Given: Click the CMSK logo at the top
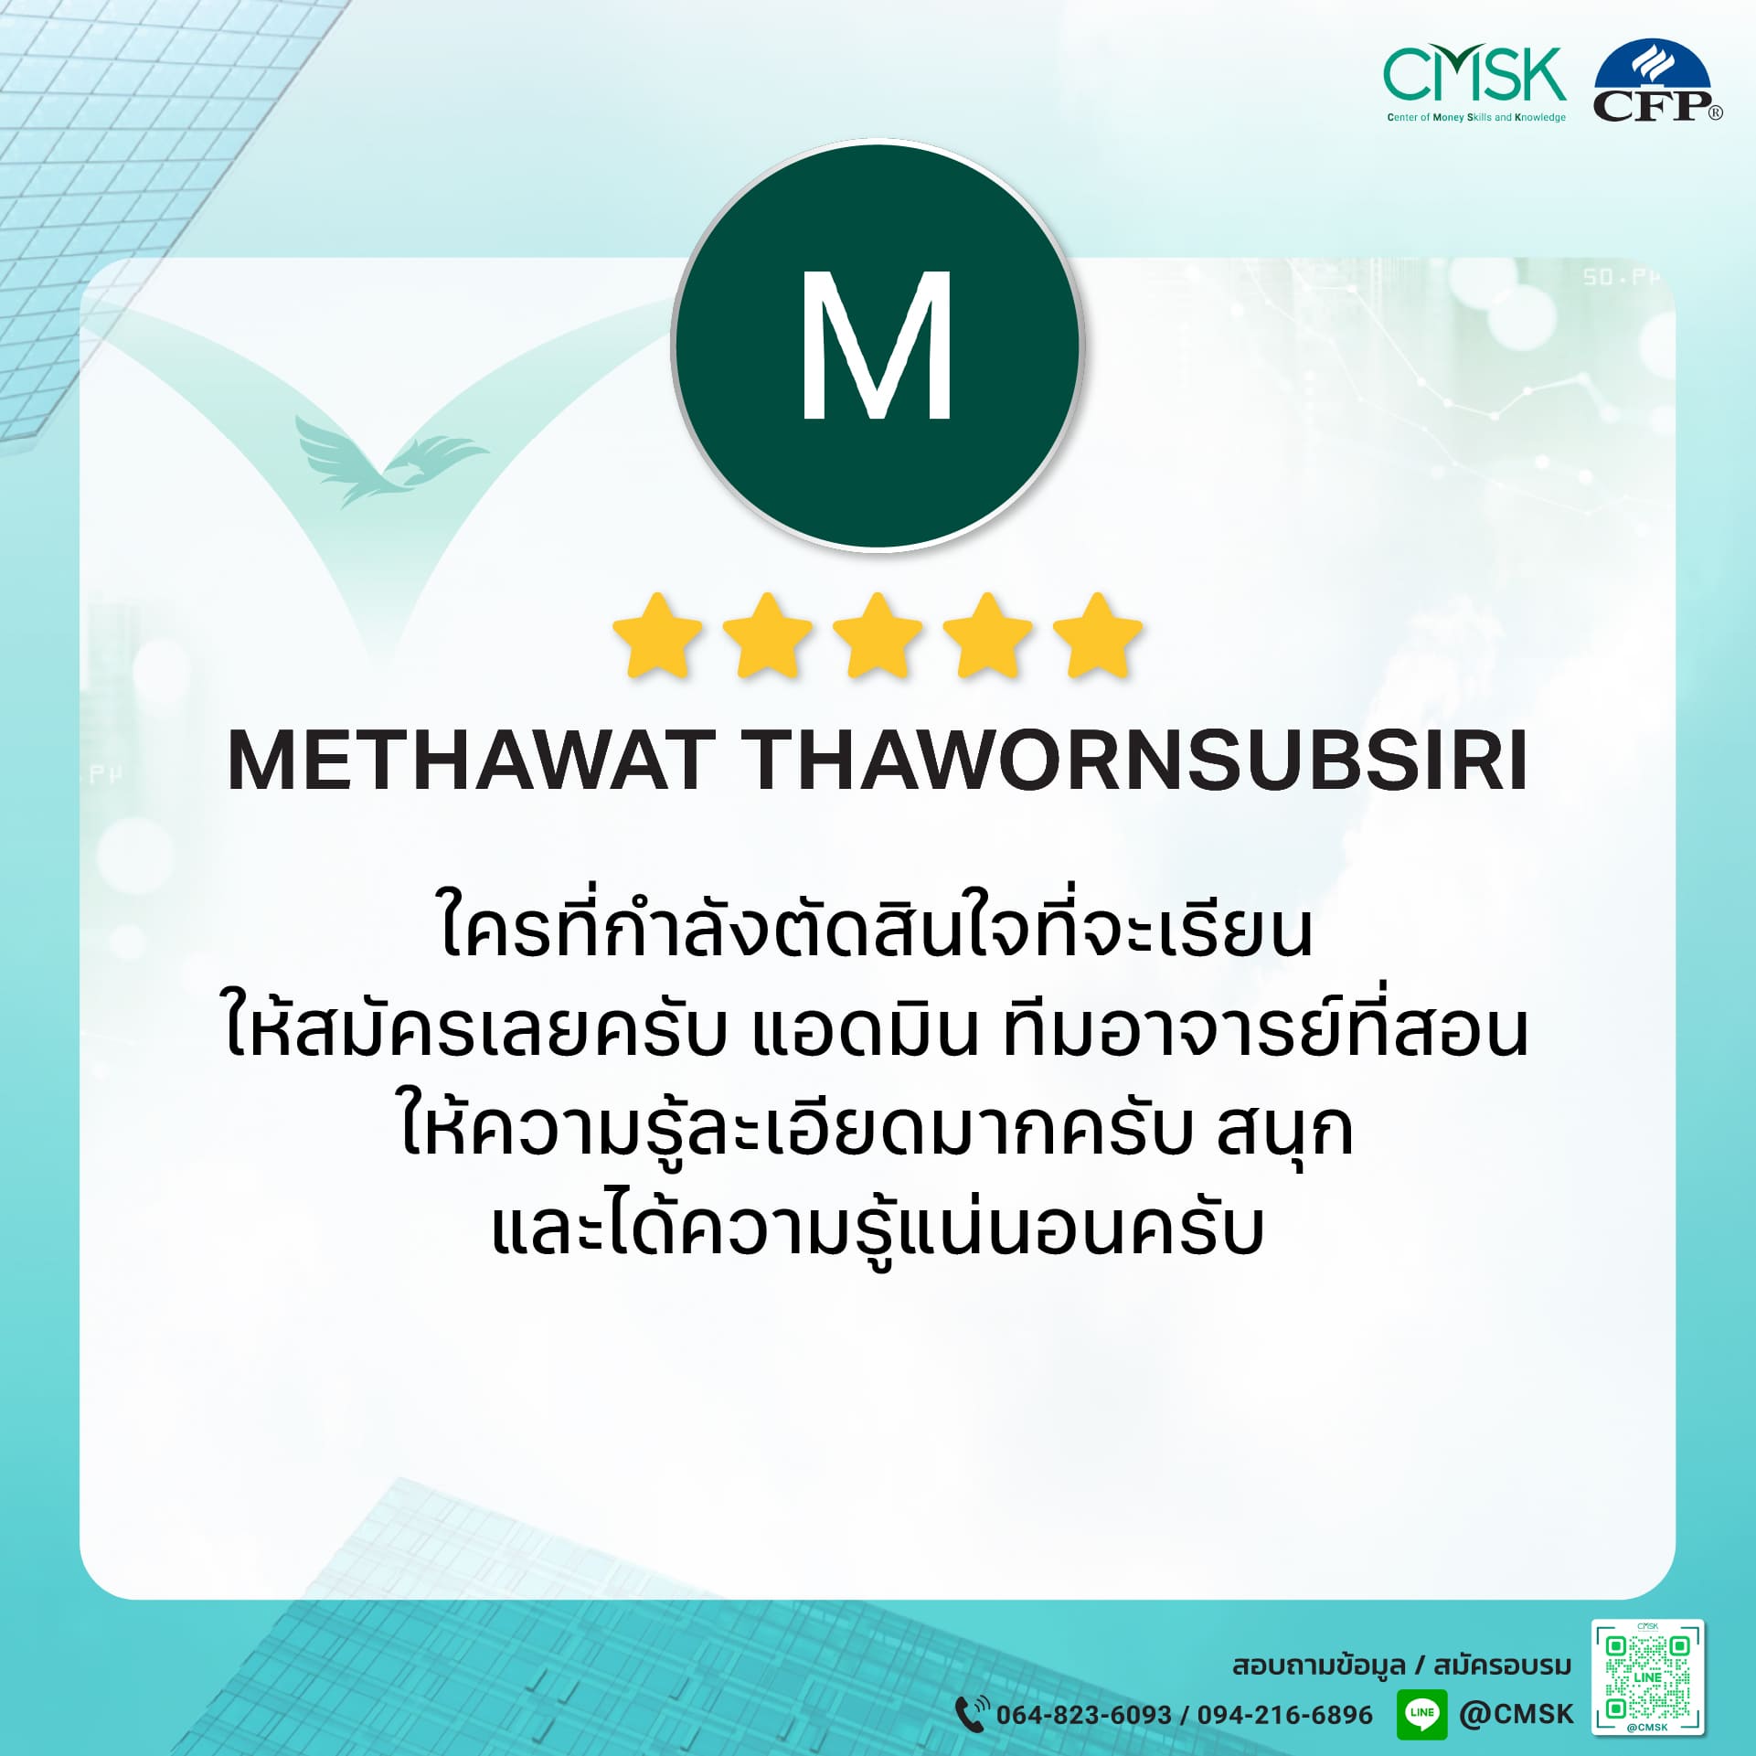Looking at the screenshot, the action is (x=1475, y=85).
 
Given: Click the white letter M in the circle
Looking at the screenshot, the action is (x=877, y=346).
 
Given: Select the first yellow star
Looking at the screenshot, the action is (x=657, y=637).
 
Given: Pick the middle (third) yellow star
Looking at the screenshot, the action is (x=878, y=637).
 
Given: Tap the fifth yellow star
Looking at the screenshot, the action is (x=1098, y=637).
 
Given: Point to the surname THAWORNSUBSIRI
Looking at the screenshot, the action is (x=1139, y=761).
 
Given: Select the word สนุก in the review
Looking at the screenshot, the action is (x=1284, y=1131).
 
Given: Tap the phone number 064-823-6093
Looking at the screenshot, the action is (x=1083, y=1715).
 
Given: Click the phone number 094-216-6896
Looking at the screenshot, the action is (x=1284, y=1715).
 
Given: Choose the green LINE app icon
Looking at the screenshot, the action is (x=1422, y=1713).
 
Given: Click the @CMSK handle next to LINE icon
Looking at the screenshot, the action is (x=1517, y=1713).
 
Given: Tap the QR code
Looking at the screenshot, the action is (x=1648, y=1677).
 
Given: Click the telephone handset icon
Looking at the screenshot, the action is (x=972, y=1713).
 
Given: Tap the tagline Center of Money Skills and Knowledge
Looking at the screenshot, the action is (x=1476, y=118).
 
